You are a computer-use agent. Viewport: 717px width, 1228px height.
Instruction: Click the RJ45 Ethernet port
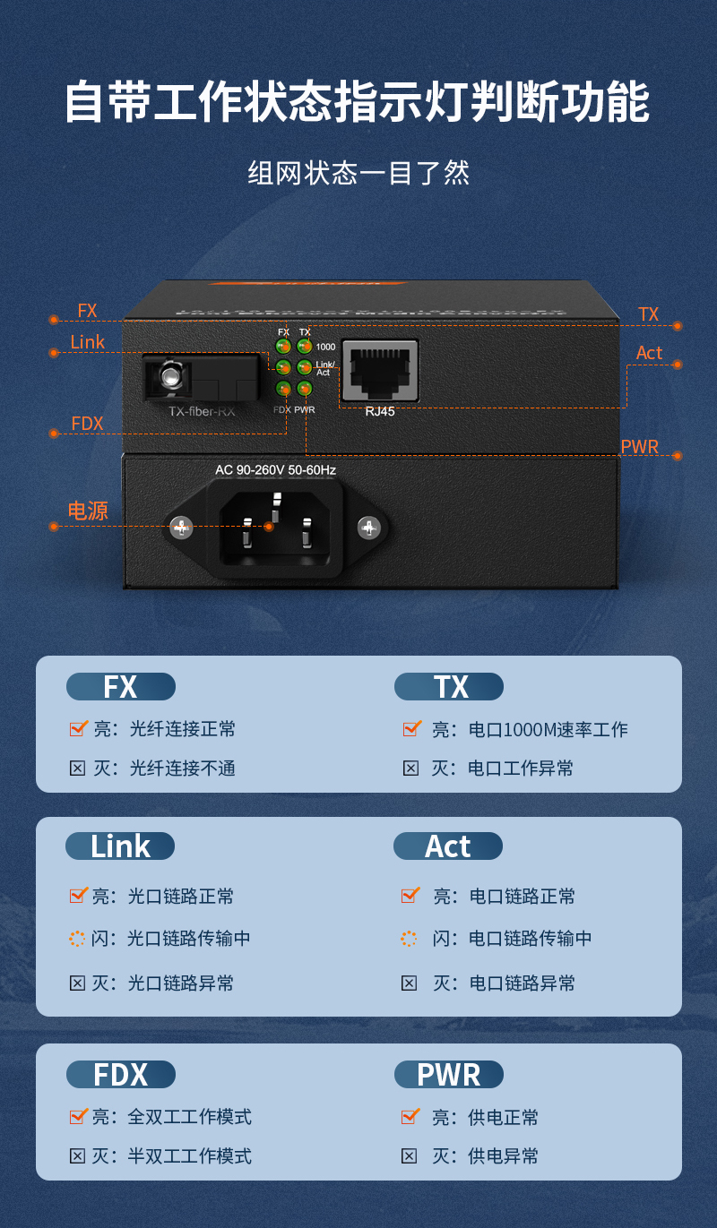pyautogui.click(x=380, y=369)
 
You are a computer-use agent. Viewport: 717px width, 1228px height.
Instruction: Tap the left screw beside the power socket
pyautogui.click(x=182, y=528)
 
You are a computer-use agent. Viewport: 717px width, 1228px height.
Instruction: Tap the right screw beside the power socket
pyautogui.click(x=368, y=528)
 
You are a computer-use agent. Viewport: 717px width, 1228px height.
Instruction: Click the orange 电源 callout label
pyautogui.click(x=88, y=511)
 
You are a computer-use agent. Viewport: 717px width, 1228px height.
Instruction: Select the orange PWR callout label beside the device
pyautogui.click(x=639, y=447)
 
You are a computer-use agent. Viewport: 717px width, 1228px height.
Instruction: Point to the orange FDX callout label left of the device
pyautogui.click(x=87, y=424)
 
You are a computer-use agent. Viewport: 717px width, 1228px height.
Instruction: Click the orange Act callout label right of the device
pyautogui.click(x=649, y=353)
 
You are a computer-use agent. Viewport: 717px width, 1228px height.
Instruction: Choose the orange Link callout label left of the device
pyautogui.click(x=88, y=342)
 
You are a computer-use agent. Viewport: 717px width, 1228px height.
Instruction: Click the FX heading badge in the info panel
pyautogui.click(x=121, y=687)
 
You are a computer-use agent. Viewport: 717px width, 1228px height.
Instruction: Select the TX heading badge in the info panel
pyautogui.click(x=449, y=687)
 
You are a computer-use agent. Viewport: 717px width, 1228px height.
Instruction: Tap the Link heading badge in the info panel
pyautogui.click(x=120, y=846)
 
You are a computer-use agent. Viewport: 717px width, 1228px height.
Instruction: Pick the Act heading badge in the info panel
pyautogui.click(x=448, y=846)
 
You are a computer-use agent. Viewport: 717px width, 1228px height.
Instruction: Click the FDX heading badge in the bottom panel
pyautogui.click(x=121, y=1075)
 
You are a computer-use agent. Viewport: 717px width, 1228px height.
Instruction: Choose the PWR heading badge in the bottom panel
pyautogui.click(x=449, y=1075)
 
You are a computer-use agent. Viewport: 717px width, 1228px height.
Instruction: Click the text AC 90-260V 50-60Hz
pyautogui.click(x=275, y=469)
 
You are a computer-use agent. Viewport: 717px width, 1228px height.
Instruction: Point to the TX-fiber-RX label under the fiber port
pyautogui.click(x=202, y=412)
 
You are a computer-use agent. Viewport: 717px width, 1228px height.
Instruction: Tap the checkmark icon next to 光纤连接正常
pyautogui.click(x=79, y=728)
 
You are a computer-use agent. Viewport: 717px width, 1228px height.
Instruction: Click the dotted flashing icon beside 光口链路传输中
pyautogui.click(x=78, y=939)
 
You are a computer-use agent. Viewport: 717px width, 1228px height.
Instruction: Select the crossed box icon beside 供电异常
pyautogui.click(x=410, y=1156)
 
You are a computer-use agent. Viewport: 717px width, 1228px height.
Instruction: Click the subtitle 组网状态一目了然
pyautogui.click(x=358, y=173)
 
